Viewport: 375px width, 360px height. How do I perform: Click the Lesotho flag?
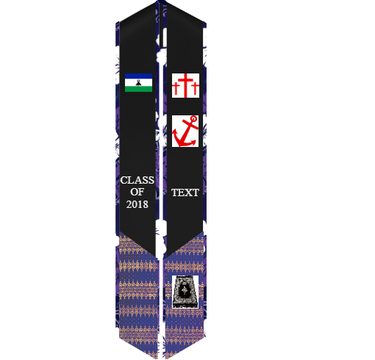(138, 83)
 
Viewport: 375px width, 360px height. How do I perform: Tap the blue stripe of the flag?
(138, 76)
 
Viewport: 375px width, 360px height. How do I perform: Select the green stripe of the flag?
(138, 89)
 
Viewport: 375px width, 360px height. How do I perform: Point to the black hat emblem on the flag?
(138, 82)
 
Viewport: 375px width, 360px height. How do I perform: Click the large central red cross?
(185, 85)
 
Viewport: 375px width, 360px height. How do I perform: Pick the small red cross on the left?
(175, 89)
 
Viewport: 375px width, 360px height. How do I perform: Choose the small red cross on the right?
(195, 89)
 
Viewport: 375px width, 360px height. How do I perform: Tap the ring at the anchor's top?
(193, 119)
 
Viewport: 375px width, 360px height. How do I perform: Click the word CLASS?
(137, 180)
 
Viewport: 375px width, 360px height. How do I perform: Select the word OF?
(137, 192)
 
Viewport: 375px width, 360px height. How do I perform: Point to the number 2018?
(137, 204)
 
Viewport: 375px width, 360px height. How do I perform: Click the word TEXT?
(185, 192)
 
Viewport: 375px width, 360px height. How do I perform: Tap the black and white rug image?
(185, 292)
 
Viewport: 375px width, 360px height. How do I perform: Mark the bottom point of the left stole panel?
(156, 358)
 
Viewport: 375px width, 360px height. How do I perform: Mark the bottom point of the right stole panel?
(166, 358)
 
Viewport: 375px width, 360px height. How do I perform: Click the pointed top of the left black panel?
(156, 2)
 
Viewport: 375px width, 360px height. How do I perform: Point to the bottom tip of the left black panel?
(155, 256)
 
